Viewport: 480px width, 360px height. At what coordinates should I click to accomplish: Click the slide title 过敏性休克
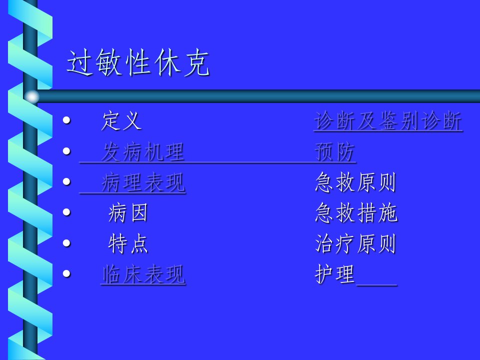point(138,62)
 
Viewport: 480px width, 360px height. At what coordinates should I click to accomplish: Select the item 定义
point(121,120)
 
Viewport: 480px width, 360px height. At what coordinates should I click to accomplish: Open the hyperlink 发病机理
point(143,151)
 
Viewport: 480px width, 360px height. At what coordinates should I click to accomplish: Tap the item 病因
point(128,213)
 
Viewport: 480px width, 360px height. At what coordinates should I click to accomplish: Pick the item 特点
point(128,243)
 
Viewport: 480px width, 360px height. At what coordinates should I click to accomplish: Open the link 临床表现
point(143,274)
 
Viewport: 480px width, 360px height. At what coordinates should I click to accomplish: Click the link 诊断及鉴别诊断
point(388,121)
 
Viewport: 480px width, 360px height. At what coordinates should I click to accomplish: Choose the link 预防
point(335,151)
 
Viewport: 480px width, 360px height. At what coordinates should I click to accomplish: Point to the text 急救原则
point(355,182)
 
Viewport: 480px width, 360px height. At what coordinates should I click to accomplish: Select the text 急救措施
point(356,213)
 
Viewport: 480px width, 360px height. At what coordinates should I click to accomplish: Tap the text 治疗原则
point(355,243)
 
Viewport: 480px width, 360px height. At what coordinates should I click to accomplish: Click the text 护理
point(335,274)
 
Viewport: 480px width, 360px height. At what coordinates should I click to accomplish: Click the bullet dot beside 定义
point(66,120)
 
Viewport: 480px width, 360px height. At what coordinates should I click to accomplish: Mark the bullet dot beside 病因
point(66,212)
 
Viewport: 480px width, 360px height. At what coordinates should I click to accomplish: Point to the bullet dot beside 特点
point(66,243)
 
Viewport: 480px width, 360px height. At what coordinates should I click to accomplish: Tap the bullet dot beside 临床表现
point(66,273)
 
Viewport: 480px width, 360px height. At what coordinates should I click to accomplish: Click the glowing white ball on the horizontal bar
point(32,96)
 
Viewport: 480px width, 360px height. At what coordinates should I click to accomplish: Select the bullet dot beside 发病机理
point(66,151)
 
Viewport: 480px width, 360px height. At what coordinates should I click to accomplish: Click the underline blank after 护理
point(376,285)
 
